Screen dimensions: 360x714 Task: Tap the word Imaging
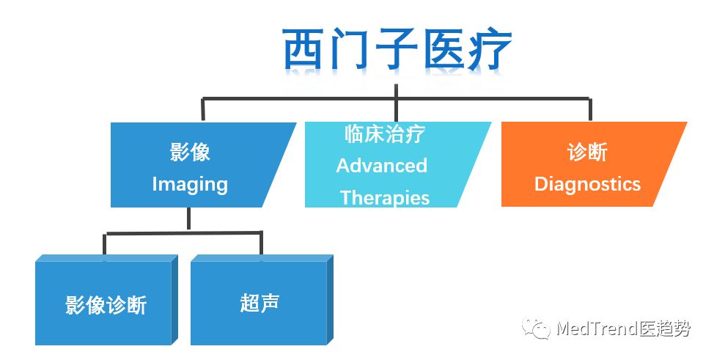(x=190, y=184)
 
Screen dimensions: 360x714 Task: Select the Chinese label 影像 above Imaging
(x=190, y=152)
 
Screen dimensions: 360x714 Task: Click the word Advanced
(x=381, y=166)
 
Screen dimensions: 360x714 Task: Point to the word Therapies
(x=384, y=197)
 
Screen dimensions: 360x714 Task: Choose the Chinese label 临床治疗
(x=384, y=134)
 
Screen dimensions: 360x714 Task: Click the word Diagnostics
(x=586, y=183)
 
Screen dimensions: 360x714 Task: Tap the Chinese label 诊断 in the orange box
(x=586, y=152)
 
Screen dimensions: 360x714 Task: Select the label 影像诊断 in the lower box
(x=106, y=304)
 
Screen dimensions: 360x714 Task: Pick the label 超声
(x=259, y=302)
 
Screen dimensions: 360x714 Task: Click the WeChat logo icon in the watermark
(x=536, y=328)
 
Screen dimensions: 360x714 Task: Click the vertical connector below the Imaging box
(x=189, y=219)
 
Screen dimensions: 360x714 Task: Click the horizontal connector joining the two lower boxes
(x=183, y=234)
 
